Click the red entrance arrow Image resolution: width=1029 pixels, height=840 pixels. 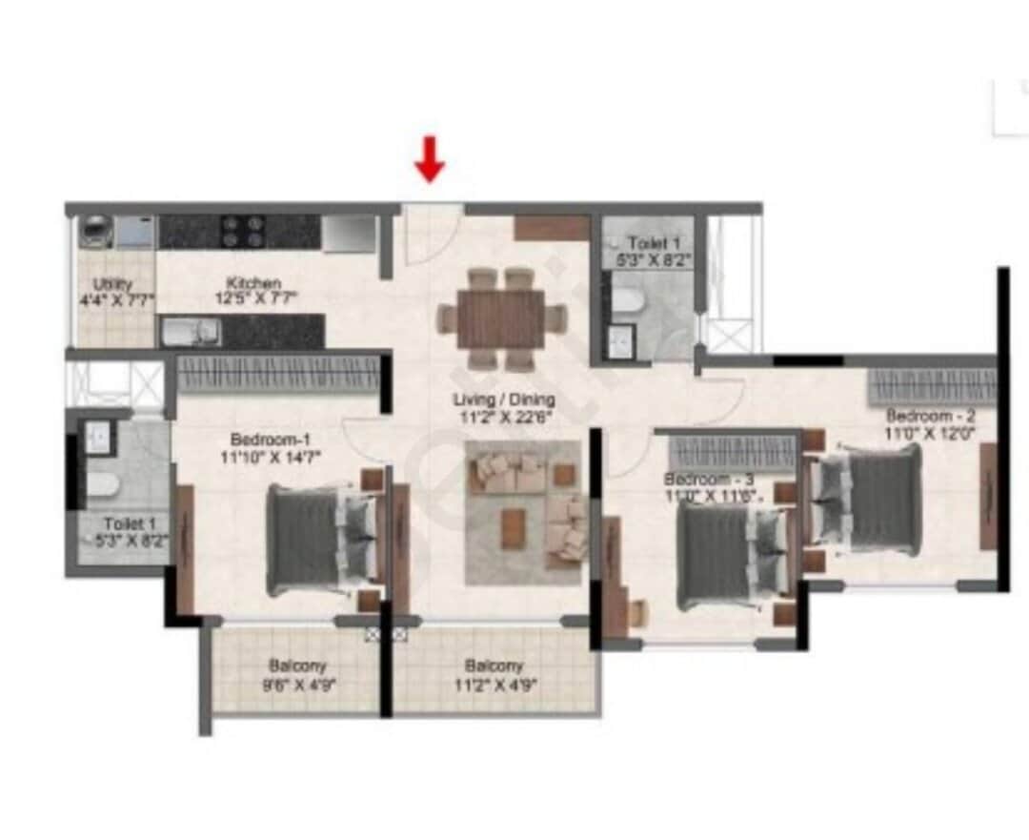click(430, 159)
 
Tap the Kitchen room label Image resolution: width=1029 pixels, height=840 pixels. click(253, 283)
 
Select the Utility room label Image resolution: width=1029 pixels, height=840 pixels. click(112, 284)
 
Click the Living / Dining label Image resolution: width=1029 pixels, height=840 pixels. click(503, 400)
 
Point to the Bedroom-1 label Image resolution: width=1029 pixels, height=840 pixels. click(271, 440)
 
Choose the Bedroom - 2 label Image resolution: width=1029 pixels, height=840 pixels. click(930, 416)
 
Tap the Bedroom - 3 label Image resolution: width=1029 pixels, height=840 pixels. click(709, 479)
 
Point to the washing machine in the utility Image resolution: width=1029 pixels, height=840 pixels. click(96, 232)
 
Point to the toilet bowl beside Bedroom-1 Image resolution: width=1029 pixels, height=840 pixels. click(103, 484)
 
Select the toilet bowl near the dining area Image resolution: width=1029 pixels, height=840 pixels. click(626, 302)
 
